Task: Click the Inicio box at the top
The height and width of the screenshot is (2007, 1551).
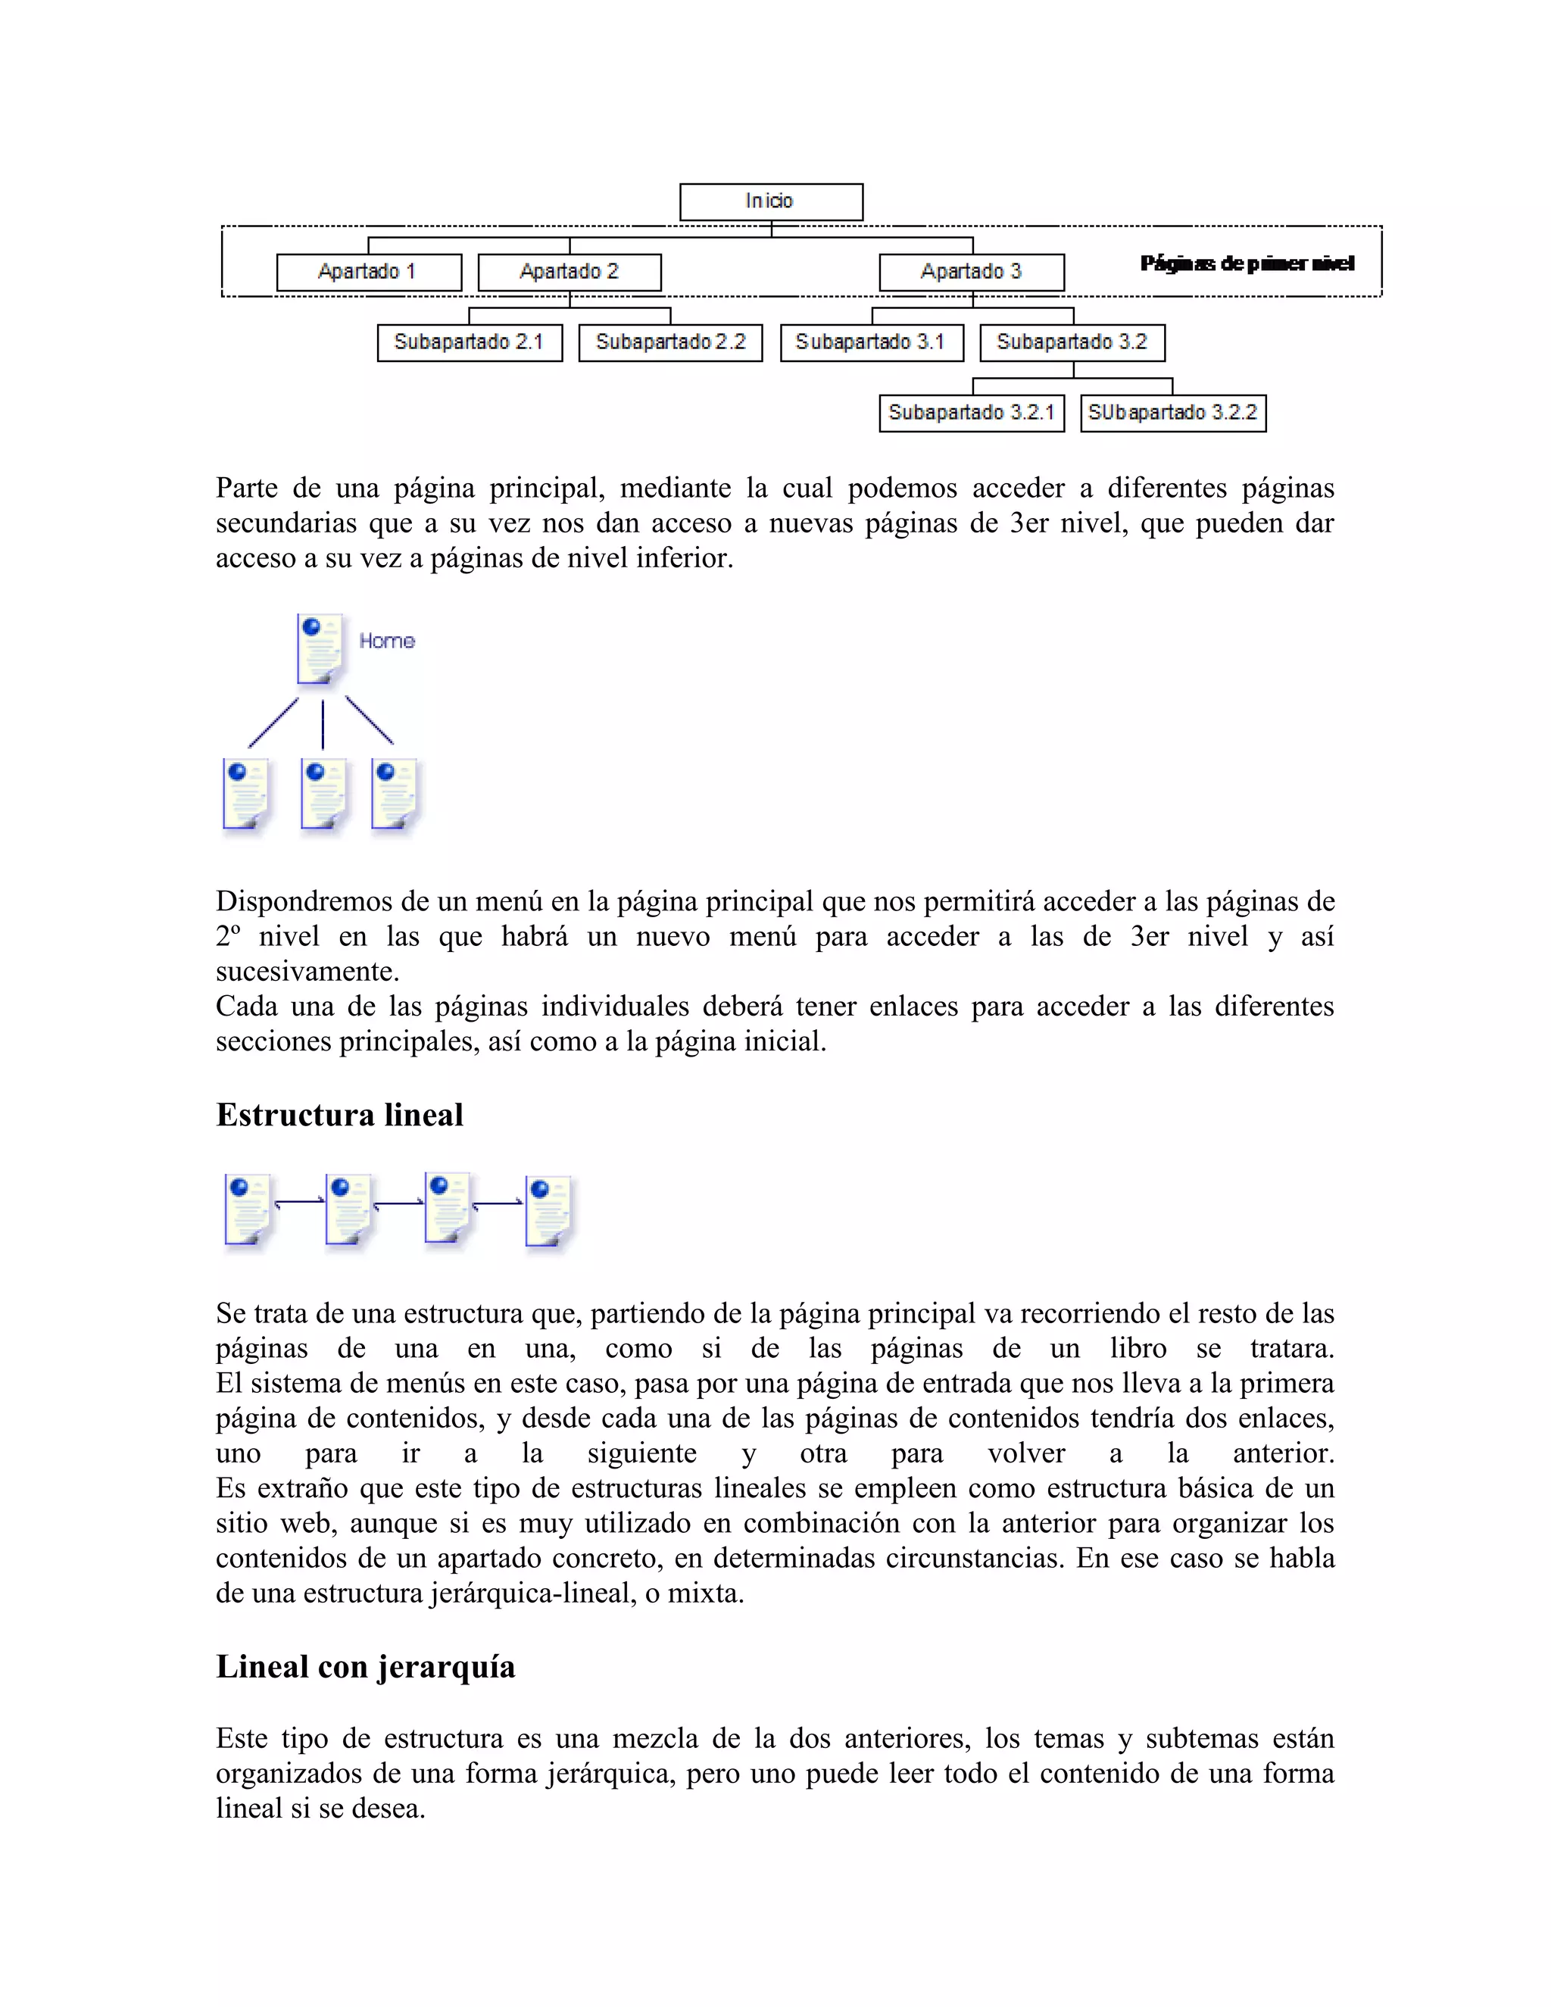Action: (770, 201)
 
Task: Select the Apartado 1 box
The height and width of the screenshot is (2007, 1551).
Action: (369, 272)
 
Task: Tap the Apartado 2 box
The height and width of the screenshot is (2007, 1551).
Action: (569, 272)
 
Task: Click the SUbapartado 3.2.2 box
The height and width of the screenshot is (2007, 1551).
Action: (1172, 413)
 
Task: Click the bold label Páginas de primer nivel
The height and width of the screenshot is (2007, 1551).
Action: (1246, 264)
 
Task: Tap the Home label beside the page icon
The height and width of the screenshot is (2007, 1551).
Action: (387, 641)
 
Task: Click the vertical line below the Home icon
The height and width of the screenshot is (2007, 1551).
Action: (323, 724)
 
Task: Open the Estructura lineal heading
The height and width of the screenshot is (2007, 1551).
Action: (339, 1115)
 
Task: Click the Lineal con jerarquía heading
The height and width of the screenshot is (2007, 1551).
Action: (365, 1666)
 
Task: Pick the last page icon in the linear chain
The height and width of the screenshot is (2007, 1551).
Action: (548, 1211)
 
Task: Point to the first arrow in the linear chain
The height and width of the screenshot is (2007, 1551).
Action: (300, 1201)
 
